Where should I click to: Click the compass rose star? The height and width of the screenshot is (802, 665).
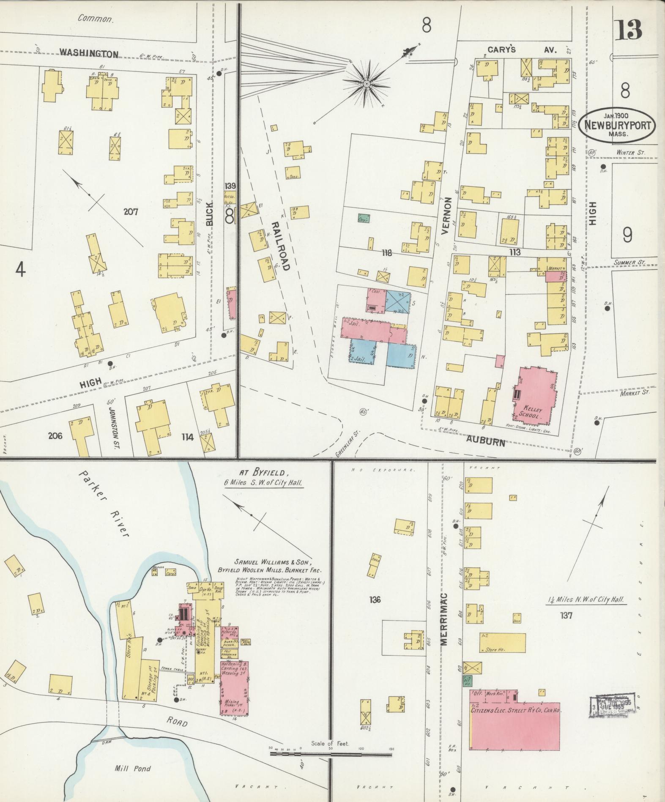tap(367, 84)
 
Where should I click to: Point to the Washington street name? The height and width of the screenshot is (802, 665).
tap(88, 53)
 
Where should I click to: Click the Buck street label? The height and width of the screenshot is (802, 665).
tap(211, 213)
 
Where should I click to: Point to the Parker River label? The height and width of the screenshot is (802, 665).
tap(104, 503)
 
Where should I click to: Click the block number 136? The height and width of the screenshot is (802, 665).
tap(375, 599)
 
